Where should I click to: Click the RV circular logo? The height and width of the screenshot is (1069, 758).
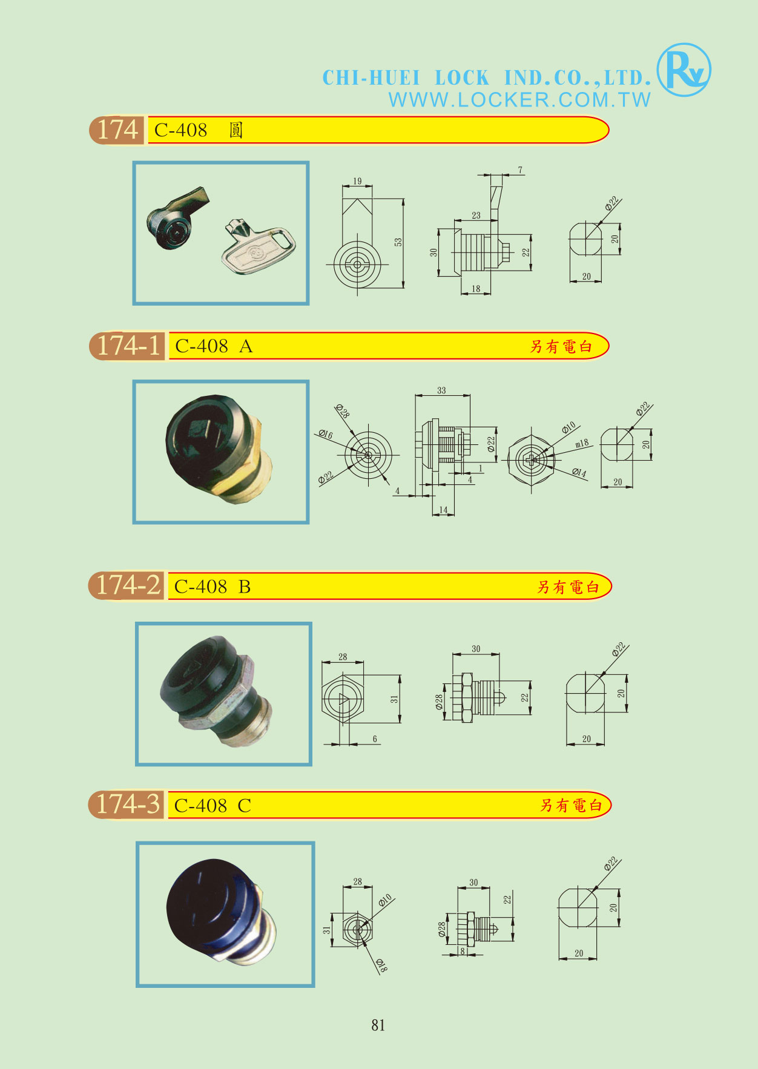[684, 70]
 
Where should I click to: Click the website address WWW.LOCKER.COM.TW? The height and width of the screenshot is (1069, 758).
[519, 100]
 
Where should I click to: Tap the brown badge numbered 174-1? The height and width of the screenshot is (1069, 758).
[128, 346]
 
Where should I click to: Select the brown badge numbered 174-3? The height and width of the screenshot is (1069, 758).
[127, 804]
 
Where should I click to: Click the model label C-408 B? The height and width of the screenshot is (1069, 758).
[212, 587]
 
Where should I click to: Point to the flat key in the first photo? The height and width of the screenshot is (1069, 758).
[259, 246]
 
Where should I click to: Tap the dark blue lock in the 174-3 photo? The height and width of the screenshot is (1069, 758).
[222, 912]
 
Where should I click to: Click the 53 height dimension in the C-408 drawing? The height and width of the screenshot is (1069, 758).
[398, 242]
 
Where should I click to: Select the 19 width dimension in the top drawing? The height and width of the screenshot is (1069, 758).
[357, 181]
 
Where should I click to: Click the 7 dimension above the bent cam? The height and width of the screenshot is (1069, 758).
[520, 170]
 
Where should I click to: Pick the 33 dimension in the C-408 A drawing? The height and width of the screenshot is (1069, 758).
[441, 390]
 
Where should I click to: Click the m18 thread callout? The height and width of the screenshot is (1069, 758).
[582, 443]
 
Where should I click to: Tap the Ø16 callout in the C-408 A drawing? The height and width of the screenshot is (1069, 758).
[325, 434]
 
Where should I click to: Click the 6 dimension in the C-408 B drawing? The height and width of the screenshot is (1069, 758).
[375, 738]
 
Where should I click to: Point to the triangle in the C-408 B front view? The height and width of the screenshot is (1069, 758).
[343, 700]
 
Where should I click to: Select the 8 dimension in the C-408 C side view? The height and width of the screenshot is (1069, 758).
[463, 951]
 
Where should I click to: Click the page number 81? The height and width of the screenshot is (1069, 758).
[378, 1025]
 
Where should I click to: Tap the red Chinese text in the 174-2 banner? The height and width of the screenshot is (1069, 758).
[568, 587]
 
